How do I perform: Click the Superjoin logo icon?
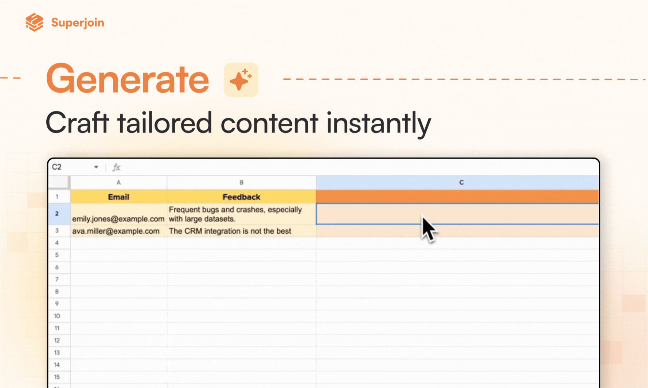[35, 22]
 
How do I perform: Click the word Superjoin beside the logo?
[78, 23]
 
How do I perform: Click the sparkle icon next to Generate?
[241, 79]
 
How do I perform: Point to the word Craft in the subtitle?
[77, 123]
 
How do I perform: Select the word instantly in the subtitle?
[378, 124]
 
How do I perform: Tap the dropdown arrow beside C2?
[96, 167]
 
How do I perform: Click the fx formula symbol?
[116, 167]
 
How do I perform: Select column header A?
[118, 182]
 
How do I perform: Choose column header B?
[241, 182]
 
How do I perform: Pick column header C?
[461, 182]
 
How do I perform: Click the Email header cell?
[118, 197]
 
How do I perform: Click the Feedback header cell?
[241, 197]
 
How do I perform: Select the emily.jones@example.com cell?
[118, 214]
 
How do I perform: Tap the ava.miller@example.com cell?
[118, 231]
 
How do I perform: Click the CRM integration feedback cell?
[241, 231]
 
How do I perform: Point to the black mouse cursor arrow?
[429, 229]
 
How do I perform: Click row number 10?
[57, 316]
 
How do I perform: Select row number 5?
[57, 255]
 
